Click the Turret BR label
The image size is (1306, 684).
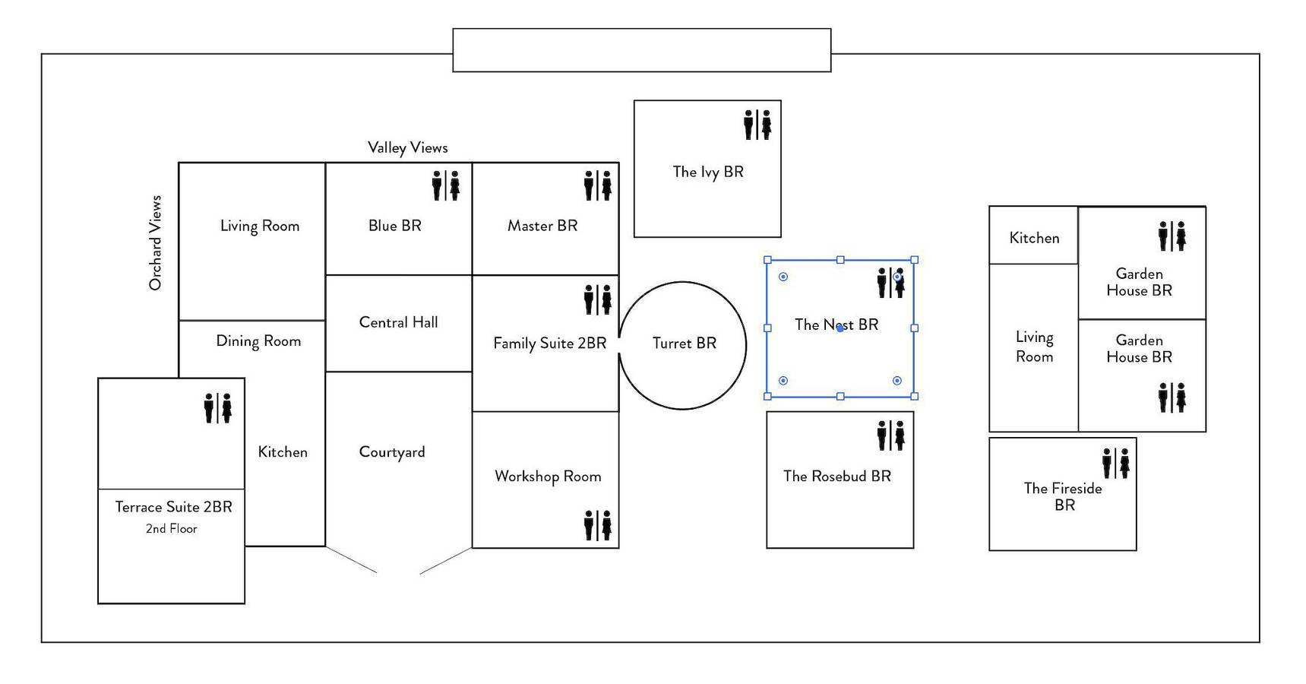coord(684,344)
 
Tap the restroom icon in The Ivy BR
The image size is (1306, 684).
coord(757,125)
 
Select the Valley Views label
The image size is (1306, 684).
coord(408,147)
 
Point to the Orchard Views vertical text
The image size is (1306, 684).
coord(156,242)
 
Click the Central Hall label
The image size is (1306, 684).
coord(398,322)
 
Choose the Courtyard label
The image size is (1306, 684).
coord(392,452)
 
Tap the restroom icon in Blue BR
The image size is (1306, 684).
coord(446,185)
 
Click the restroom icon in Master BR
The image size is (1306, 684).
coord(598,185)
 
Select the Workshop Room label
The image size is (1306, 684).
coord(548,477)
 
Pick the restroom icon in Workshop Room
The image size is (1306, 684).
coord(598,525)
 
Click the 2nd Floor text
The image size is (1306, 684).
coord(172,529)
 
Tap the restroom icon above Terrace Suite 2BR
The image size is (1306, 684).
coord(218,408)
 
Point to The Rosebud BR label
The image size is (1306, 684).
coord(837,477)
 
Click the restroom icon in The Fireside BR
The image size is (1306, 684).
coord(1116,463)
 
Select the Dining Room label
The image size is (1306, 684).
coord(258,341)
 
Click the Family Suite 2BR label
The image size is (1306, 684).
coord(550,344)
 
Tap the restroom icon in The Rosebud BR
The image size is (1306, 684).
coord(891,435)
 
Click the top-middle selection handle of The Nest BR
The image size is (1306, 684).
coord(840,260)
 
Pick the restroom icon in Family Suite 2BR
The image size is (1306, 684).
coord(598,299)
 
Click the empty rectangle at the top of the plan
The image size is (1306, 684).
coord(642,50)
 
